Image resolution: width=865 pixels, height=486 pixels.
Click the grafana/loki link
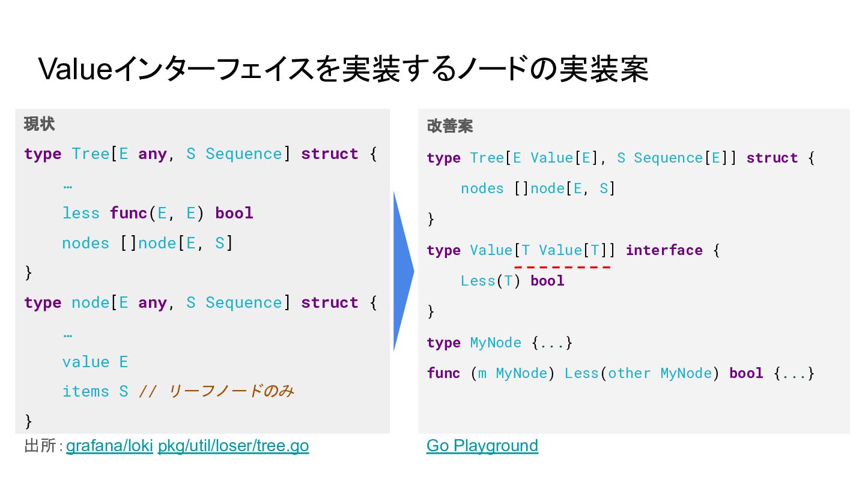tap(109, 446)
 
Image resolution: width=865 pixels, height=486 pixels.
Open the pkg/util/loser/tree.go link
tap(233, 446)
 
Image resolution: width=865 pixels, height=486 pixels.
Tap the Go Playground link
tap(482, 446)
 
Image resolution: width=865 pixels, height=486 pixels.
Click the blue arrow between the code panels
tap(402, 271)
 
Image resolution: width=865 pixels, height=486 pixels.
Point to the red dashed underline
tap(562, 266)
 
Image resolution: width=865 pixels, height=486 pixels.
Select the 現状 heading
tap(39, 124)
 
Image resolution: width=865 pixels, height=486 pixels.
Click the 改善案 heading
tap(449, 126)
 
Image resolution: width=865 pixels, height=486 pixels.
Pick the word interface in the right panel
tap(664, 250)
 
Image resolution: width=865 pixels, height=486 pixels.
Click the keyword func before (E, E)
tap(129, 213)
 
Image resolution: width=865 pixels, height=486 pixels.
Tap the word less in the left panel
tap(81, 213)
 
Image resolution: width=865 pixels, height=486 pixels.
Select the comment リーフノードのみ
tap(231, 391)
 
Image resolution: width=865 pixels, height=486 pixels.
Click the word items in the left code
tap(86, 391)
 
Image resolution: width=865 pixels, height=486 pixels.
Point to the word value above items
tap(86, 362)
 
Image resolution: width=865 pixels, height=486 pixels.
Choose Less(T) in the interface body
tap(490, 281)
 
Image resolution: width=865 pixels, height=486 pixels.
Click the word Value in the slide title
tap(75, 69)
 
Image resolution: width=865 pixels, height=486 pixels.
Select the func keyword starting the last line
tap(443, 373)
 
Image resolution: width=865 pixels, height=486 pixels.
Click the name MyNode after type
tap(495, 343)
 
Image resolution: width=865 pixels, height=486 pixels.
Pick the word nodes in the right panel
tap(482, 188)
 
